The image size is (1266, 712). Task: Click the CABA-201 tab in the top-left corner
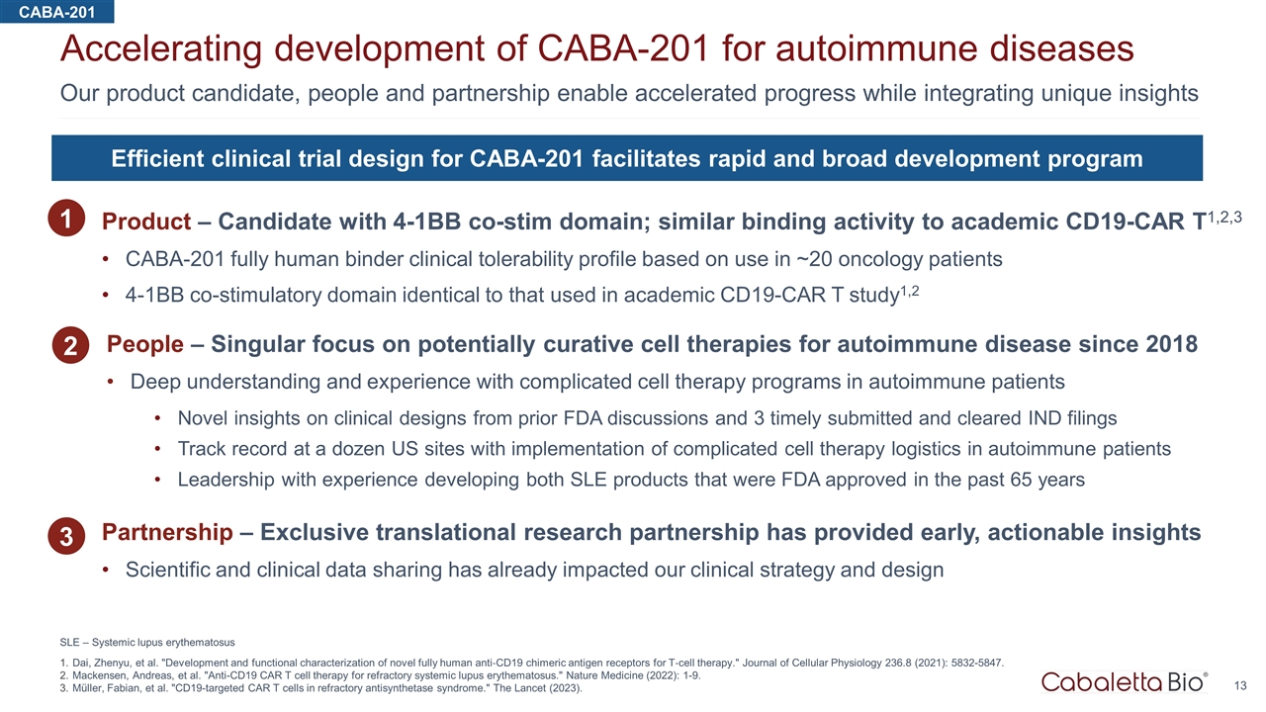56,11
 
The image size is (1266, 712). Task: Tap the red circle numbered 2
71,346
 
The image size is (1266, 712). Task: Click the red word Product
145,222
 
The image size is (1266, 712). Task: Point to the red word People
144,344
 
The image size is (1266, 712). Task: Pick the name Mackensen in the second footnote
102,676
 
